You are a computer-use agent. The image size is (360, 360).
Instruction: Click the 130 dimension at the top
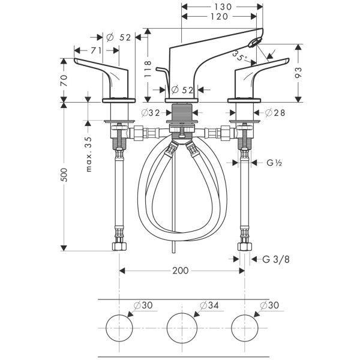tap(222, 6)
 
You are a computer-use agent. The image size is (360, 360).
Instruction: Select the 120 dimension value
tap(220, 17)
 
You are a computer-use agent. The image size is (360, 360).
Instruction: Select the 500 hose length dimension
tap(65, 174)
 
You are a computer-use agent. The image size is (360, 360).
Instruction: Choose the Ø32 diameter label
tap(151, 113)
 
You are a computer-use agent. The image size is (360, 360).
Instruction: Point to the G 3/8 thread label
tap(277, 259)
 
